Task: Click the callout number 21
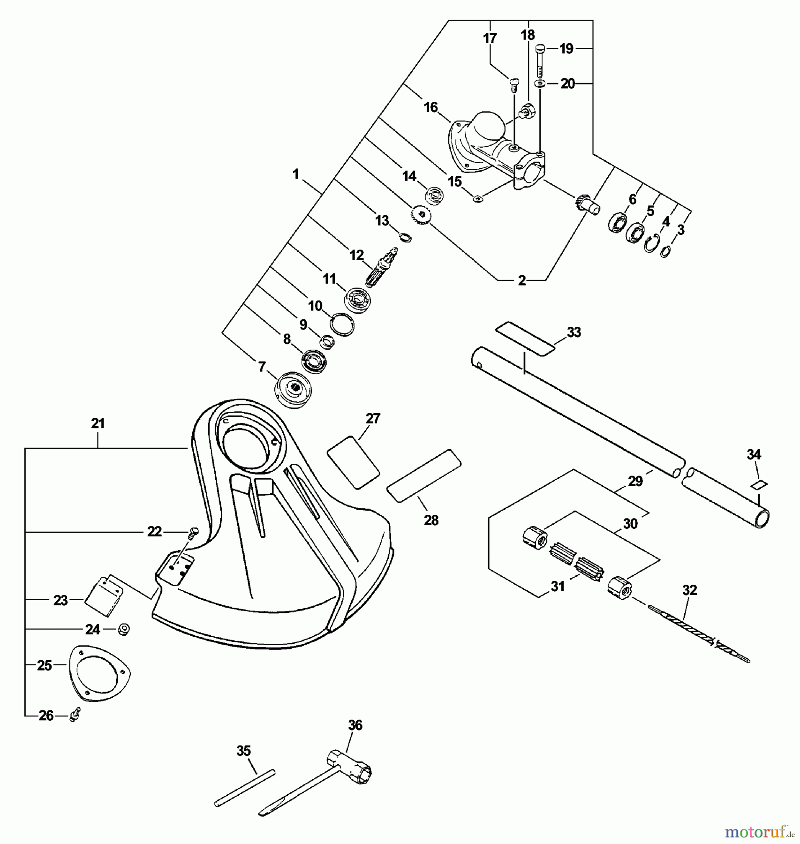click(x=98, y=423)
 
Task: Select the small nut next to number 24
click(x=123, y=629)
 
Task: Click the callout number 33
click(x=574, y=332)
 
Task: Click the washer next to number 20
click(x=539, y=84)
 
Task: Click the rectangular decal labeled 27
click(x=353, y=462)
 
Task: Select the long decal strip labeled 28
click(x=424, y=476)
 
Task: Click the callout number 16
click(x=430, y=107)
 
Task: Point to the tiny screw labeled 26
click(x=75, y=716)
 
